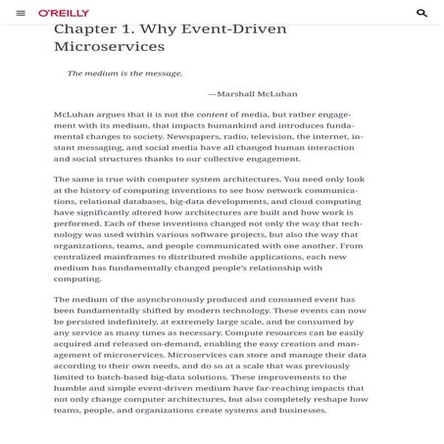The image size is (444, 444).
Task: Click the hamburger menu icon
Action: tap(21, 13)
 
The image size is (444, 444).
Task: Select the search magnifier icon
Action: tap(422, 13)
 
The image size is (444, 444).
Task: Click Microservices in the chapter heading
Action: tap(108, 47)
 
